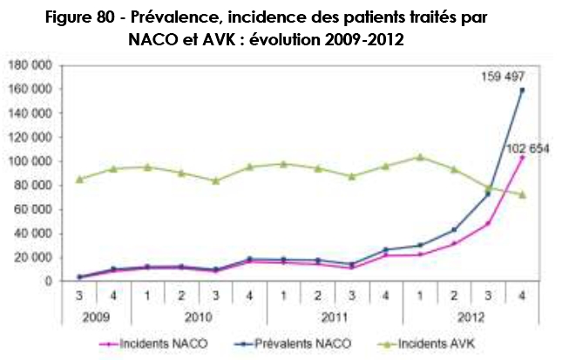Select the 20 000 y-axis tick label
tap(34, 257)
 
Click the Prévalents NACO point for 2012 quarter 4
tap(523, 90)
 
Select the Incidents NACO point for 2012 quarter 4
tap(523, 158)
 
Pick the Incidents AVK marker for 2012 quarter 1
tap(422, 157)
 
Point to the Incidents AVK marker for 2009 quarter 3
tap(79, 179)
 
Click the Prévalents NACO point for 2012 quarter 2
tap(455, 229)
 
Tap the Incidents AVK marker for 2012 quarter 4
tap(523, 194)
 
